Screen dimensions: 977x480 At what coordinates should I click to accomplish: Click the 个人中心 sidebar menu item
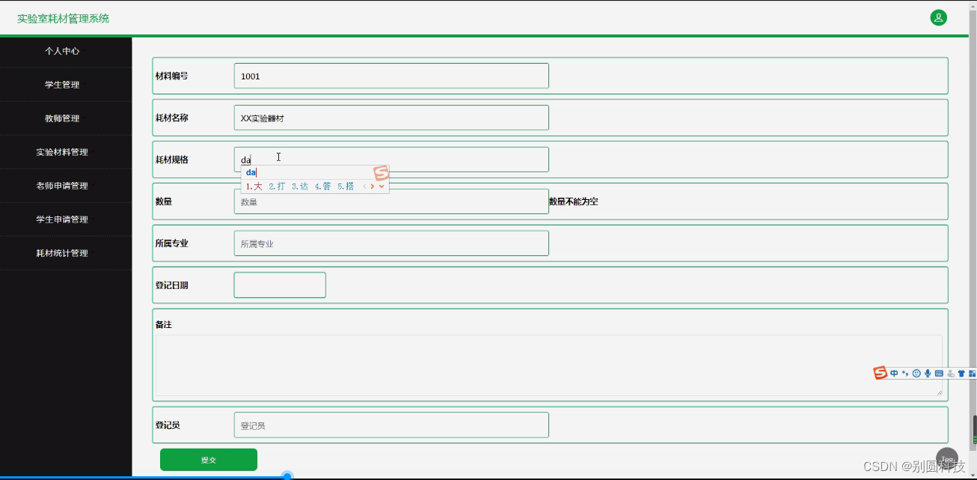(x=62, y=51)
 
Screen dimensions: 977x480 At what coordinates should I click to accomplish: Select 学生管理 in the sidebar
(x=62, y=85)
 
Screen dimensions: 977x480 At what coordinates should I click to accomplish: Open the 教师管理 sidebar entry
(x=62, y=118)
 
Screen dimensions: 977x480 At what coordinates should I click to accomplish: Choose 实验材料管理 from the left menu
(x=62, y=152)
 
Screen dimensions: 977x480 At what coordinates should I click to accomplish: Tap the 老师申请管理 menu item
(x=62, y=186)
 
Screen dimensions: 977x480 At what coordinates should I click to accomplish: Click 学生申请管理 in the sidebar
(x=62, y=219)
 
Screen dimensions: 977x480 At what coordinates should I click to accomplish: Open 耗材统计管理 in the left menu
(x=62, y=253)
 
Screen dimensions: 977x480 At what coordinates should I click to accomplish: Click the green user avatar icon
(x=938, y=17)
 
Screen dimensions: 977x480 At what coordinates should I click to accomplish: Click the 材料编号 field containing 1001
(x=391, y=76)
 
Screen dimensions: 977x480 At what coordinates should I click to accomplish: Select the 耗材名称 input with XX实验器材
(x=391, y=118)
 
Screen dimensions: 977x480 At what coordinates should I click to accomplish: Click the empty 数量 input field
(x=391, y=201)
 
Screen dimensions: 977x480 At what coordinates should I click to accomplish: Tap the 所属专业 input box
(x=391, y=243)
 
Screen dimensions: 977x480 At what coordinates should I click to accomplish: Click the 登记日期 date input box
(x=280, y=285)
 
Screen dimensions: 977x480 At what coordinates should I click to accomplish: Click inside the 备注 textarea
(x=548, y=365)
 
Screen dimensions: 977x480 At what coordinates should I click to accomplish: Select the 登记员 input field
(x=391, y=425)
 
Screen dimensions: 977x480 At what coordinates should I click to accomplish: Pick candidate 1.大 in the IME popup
(x=254, y=186)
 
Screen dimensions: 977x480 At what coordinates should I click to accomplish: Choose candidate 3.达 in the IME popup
(x=300, y=186)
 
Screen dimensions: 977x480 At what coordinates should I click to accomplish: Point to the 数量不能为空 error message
(x=574, y=201)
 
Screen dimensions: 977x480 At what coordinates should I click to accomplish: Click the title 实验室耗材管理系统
(x=64, y=18)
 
